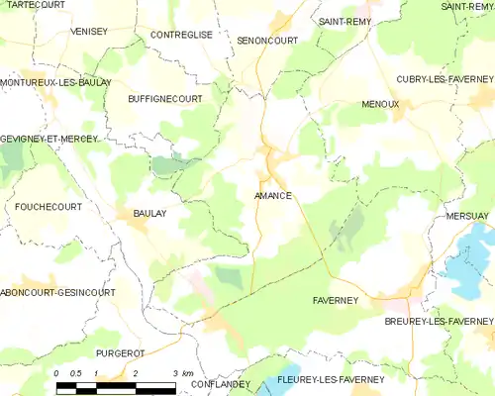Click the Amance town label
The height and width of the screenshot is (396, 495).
pos(273,195)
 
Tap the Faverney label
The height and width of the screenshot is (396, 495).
pos(334,299)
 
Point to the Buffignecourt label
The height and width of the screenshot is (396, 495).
pos(164,99)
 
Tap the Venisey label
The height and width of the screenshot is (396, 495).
pos(89,32)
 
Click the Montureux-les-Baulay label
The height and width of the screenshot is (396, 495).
pos(55,81)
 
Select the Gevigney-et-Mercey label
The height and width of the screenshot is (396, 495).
pos(49,140)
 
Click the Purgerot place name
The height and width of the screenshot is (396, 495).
pos(121,352)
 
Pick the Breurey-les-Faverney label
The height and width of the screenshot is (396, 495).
pos(439,322)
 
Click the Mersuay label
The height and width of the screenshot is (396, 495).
pos(467,215)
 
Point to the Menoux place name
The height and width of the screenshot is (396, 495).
pos(380,102)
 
